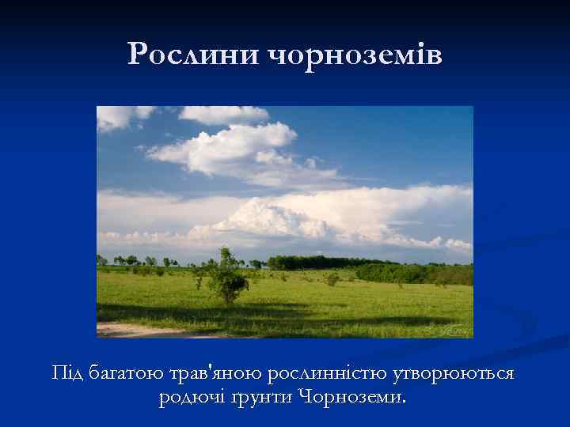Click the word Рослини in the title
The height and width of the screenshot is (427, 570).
[194, 55]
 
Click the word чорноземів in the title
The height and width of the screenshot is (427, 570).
[355, 55]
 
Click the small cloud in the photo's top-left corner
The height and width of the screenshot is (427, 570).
[119, 116]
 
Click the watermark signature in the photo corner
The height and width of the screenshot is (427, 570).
[452, 327]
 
